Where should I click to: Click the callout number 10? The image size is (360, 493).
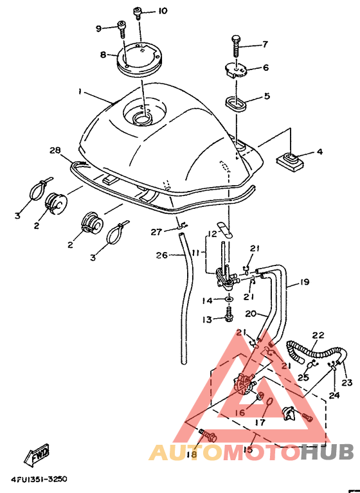(163, 11)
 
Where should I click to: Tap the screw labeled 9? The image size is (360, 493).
(122, 29)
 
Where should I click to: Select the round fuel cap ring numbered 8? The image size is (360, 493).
(139, 60)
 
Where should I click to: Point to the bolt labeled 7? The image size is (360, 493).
(235, 46)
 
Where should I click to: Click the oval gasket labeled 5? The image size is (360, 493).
(236, 104)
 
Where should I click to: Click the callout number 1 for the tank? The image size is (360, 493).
(80, 91)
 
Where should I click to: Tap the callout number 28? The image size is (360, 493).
(55, 150)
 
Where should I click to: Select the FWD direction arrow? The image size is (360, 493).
(37, 455)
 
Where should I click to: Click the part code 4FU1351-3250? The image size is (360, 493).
(39, 480)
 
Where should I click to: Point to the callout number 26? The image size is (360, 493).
(161, 255)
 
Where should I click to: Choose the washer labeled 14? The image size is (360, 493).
(230, 298)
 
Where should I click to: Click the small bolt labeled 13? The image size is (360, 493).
(230, 315)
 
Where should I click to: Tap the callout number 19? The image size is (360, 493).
(304, 282)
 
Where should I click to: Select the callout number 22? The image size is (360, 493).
(318, 335)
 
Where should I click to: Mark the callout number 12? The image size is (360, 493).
(213, 234)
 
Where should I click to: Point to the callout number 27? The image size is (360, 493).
(156, 232)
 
